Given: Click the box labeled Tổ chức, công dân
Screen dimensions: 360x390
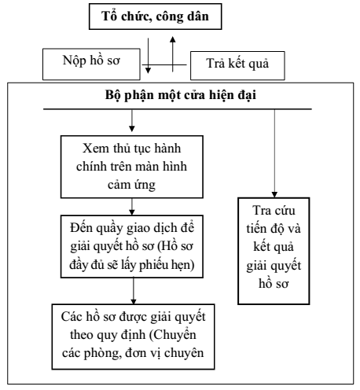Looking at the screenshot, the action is (156, 17).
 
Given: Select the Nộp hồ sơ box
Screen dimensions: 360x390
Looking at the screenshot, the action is (91, 64).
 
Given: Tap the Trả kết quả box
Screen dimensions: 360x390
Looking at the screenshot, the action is (237, 65).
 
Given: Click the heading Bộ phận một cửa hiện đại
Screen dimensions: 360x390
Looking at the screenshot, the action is (181, 95).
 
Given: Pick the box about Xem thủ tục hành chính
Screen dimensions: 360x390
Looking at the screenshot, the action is (132, 167).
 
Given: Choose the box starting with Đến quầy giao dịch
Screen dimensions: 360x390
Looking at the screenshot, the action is (132, 246).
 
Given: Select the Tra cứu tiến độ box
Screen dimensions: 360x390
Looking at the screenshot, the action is (274, 251).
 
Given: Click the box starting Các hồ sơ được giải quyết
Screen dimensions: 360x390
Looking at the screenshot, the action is (133, 337).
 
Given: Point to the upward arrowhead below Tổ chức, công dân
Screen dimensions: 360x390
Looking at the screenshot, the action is (172, 39).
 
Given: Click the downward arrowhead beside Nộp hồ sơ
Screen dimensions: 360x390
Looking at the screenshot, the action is (148, 70).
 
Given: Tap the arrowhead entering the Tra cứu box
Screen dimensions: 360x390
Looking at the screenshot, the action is (274, 194).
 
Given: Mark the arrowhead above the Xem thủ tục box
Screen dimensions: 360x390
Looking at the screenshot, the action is (132, 129).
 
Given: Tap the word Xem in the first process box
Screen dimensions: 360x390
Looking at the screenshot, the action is (96, 149).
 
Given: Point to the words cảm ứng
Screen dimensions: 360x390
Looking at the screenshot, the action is (131, 185).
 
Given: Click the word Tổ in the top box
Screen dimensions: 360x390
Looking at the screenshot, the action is (108, 16).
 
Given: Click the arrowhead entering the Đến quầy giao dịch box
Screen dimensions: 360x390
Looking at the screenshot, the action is (132, 212).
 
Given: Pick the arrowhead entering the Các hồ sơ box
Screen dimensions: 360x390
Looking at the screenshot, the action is (134, 301).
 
